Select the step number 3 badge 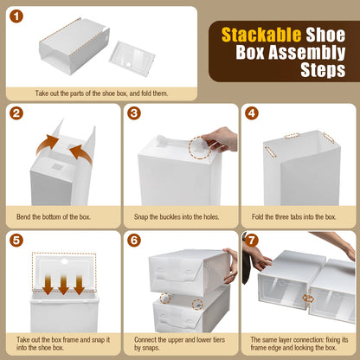pyautogui.click(x=134, y=113)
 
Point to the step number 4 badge pyautogui.click(x=251, y=113)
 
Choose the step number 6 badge pyautogui.click(x=134, y=239)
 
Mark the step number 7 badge pyautogui.click(x=251, y=239)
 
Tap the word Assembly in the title pyautogui.click(x=296, y=54)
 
